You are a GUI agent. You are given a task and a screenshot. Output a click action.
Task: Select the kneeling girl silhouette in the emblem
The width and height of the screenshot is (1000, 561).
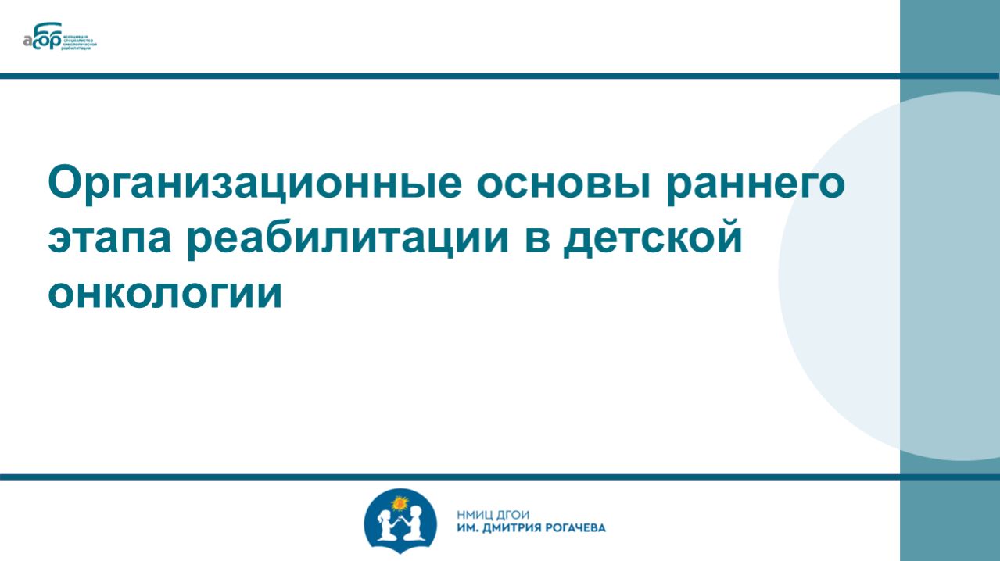tap(385, 525)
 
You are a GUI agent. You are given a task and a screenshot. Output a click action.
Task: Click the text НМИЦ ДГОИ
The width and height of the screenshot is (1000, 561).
tap(493, 514)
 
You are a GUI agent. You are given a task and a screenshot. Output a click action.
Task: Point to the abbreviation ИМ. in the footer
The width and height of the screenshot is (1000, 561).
tap(464, 527)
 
